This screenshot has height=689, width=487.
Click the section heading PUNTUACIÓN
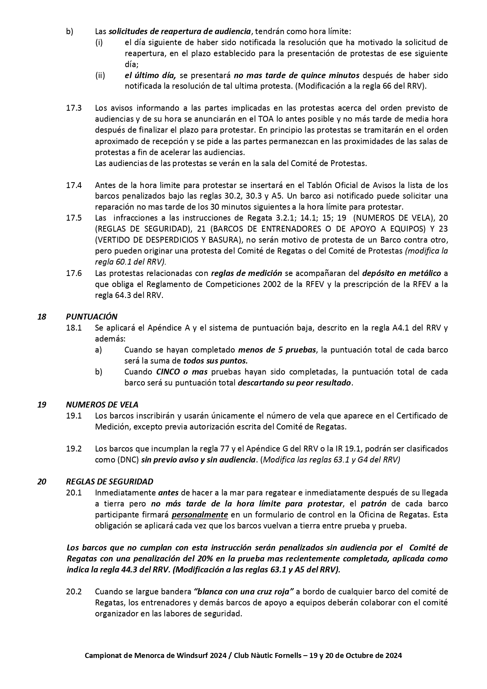(x=91, y=316)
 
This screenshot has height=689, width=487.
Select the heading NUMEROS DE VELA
(x=102, y=404)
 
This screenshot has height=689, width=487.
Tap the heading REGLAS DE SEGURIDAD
(x=109, y=481)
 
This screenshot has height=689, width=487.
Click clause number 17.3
(x=74, y=108)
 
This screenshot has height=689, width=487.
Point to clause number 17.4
(x=74, y=185)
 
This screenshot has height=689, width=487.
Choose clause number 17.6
(x=74, y=273)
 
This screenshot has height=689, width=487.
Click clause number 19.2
(x=74, y=448)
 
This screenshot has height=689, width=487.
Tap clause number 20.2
(x=74, y=591)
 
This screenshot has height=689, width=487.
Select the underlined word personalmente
(x=200, y=514)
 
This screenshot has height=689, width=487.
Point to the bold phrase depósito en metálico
(x=401, y=273)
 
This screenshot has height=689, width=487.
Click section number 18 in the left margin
(x=42, y=316)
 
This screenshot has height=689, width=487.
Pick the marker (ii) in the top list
(x=100, y=75)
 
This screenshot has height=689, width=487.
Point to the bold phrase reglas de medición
(x=246, y=273)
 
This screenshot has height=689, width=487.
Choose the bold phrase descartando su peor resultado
(x=295, y=382)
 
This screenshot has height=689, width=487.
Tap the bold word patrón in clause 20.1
(x=374, y=503)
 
